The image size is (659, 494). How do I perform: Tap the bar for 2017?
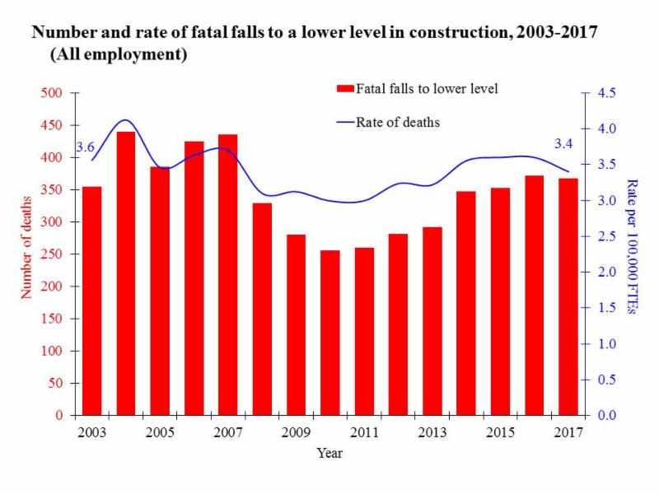[x=568, y=296]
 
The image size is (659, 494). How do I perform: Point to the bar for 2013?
[x=432, y=321]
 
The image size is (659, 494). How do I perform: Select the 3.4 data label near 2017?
[x=563, y=144]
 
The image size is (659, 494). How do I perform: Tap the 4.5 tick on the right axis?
[x=607, y=93]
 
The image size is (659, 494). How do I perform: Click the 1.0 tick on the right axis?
[x=607, y=344]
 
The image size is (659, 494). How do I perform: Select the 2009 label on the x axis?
[x=296, y=433]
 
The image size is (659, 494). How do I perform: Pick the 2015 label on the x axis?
[x=500, y=433]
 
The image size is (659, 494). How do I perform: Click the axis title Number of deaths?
[x=26, y=247]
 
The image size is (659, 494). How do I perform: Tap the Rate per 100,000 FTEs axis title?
[x=632, y=246]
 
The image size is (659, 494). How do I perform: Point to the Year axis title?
[x=329, y=453]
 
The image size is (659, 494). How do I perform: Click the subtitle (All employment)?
[x=119, y=55]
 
